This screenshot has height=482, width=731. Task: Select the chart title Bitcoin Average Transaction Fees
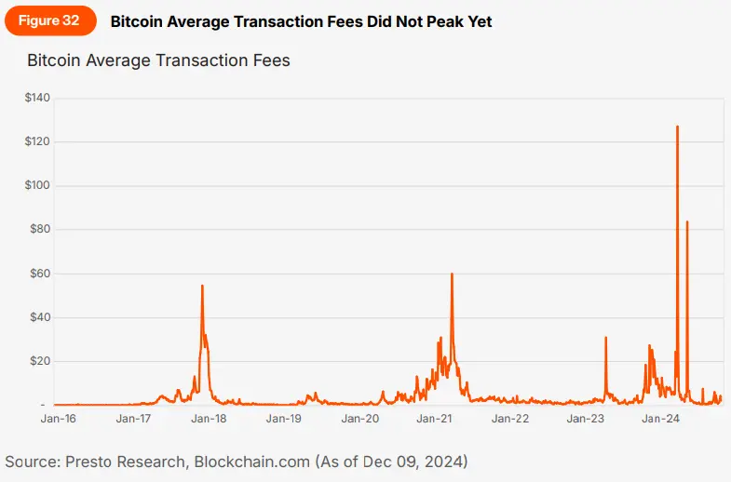(x=158, y=61)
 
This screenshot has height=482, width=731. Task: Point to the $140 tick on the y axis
(x=37, y=98)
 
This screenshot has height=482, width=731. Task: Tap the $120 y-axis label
(x=37, y=141)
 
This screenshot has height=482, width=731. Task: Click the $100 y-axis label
(x=37, y=185)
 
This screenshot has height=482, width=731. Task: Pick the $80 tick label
(x=40, y=229)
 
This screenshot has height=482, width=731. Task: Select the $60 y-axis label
(x=40, y=274)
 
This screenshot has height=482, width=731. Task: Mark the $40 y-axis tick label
(x=40, y=317)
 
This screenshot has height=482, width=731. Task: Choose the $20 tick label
(x=40, y=361)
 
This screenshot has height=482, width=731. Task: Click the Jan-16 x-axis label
(x=58, y=420)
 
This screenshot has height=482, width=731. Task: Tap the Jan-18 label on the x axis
(x=209, y=420)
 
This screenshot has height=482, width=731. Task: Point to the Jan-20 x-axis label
(x=359, y=420)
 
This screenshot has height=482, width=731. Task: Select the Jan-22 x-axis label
(x=510, y=420)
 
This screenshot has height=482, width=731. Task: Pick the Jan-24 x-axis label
(x=661, y=420)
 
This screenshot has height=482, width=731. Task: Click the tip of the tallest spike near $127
(x=677, y=127)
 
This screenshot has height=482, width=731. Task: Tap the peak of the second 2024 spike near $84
(x=687, y=221)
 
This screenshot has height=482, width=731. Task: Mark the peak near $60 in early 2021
(x=452, y=274)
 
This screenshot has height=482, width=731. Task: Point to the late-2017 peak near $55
(x=202, y=286)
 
